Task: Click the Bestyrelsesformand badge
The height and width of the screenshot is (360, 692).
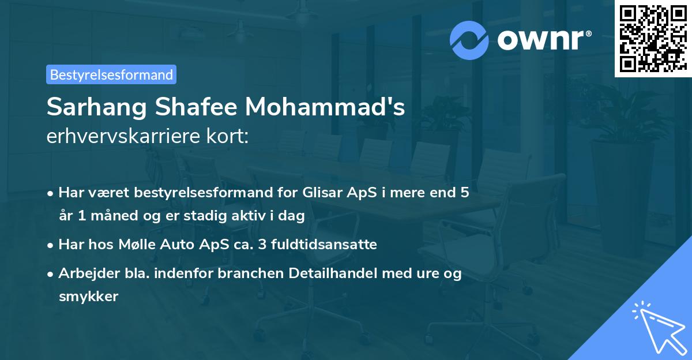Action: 111,74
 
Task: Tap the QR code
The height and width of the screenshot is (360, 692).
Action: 653,39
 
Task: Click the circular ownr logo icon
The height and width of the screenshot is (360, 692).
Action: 470,40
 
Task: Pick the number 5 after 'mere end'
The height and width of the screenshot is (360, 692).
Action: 464,192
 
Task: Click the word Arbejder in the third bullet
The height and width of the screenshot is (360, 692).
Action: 83,273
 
